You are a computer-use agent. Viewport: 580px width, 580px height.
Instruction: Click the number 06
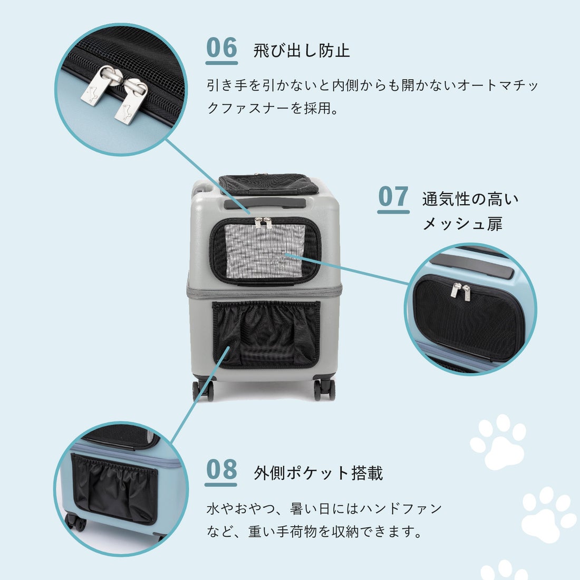click(x=221, y=48)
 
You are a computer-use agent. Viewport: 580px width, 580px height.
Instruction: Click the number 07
click(x=393, y=197)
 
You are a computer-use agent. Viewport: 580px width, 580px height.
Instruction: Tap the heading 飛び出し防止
click(x=302, y=51)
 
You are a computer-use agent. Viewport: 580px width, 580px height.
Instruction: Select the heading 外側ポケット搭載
click(x=318, y=473)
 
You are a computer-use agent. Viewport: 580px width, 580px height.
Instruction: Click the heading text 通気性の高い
click(x=470, y=199)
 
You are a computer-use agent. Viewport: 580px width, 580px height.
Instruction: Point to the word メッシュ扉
click(x=462, y=224)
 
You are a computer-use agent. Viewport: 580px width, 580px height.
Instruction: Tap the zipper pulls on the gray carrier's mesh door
click(x=264, y=223)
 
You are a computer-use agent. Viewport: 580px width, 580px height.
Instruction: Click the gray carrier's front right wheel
click(x=324, y=389)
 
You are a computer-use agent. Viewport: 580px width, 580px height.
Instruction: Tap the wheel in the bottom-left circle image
click(x=77, y=522)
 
